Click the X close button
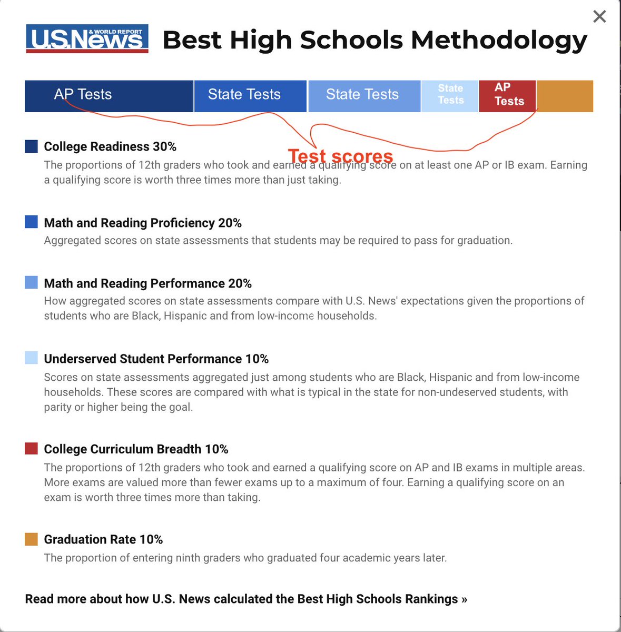point(599,17)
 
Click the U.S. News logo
point(87,39)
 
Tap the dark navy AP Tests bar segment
point(109,96)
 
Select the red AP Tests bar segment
point(507,95)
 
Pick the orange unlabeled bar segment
point(565,96)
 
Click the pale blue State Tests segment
point(450,95)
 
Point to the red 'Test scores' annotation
point(341,156)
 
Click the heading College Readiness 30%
point(110,146)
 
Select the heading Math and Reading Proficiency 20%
point(143,223)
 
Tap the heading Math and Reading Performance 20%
point(147,283)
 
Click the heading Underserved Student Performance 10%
point(156,359)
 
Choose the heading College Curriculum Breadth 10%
point(136,449)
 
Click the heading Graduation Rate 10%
point(103,539)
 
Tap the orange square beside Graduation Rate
point(31,539)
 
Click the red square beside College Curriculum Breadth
point(31,449)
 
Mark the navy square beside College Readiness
point(31,146)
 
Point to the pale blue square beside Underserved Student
point(31,358)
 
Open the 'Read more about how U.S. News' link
point(246,599)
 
